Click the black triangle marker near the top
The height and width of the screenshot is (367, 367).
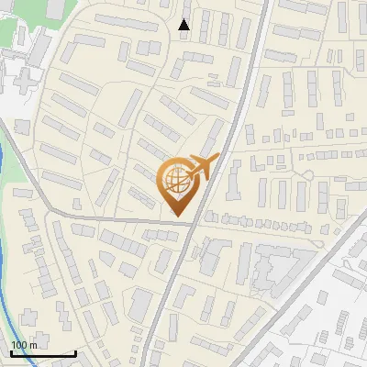pyautogui.click(x=183, y=25)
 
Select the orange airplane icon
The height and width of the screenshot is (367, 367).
pyautogui.click(x=201, y=168)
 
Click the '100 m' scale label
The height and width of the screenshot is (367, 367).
pyautogui.click(x=24, y=345)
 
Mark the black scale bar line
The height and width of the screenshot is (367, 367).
pyautogui.click(x=43, y=353)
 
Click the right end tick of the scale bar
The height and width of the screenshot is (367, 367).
pyautogui.click(x=75, y=351)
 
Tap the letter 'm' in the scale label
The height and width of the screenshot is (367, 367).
pyautogui.click(x=33, y=345)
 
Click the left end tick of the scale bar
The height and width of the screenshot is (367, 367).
pyautogui.click(x=11, y=351)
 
